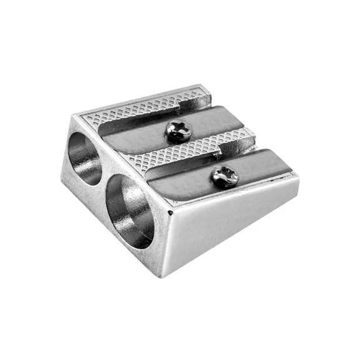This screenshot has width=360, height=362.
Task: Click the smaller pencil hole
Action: tap(84, 157)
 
